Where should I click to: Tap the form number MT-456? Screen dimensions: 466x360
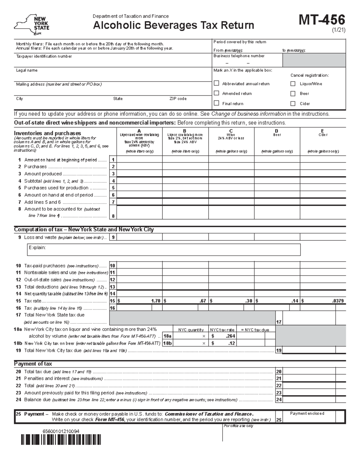click(x=322, y=20)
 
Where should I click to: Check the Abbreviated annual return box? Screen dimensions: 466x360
click(x=216, y=83)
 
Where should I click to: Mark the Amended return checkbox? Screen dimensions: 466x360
click(x=216, y=93)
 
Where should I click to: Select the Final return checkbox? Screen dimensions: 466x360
click(x=216, y=103)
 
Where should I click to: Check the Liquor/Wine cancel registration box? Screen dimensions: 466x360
click(x=293, y=84)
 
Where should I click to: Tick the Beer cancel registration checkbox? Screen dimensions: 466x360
click(x=293, y=93)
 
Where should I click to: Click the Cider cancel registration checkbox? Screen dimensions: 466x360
click(x=293, y=104)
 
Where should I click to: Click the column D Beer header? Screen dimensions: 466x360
click(x=277, y=133)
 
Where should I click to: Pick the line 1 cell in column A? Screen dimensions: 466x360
click(x=139, y=159)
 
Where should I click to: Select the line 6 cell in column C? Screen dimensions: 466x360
click(x=231, y=195)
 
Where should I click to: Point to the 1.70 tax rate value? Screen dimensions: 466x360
click(x=156, y=301)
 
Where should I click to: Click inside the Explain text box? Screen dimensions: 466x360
click(x=163, y=250)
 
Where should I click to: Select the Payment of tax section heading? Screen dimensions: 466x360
click(x=33, y=364)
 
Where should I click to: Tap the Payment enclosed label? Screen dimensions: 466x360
click(x=307, y=413)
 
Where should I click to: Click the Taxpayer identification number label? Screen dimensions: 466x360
click(x=44, y=56)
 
